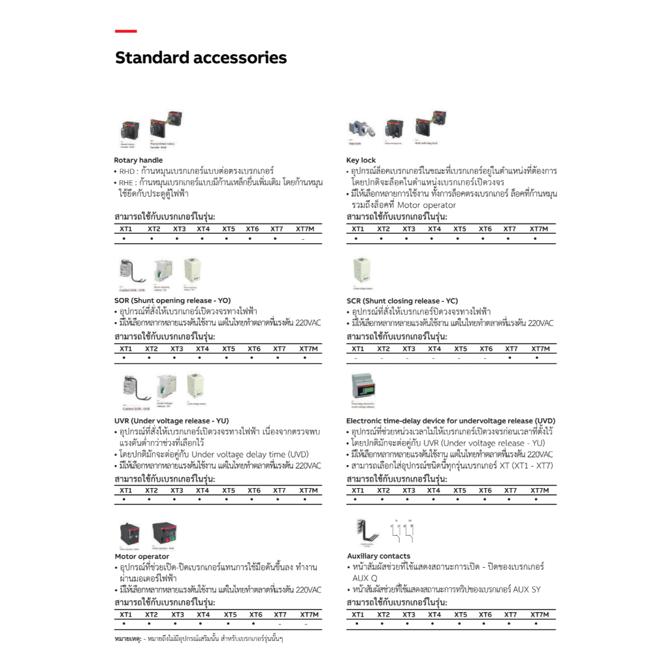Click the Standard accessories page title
point(201,58)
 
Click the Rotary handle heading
point(139,160)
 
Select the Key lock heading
point(361,160)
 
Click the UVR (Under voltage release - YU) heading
point(171,421)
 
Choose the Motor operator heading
point(142,557)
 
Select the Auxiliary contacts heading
point(379,556)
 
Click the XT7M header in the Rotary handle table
point(305,229)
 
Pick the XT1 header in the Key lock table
point(357,229)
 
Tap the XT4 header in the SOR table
point(203,349)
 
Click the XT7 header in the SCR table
point(512,349)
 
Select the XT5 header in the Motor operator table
point(230,615)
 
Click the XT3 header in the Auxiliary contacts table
point(408,615)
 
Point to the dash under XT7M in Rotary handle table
point(303,240)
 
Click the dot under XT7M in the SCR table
point(536,358)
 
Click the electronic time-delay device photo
point(367,389)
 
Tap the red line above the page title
point(125,31)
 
